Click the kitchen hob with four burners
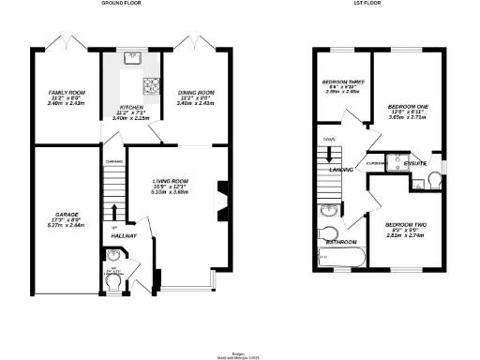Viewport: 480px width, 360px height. tap(149, 87)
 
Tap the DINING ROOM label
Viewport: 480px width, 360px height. tap(197, 92)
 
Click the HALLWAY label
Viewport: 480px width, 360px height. tap(124, 235)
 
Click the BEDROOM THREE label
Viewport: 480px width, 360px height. tap(339, 82)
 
